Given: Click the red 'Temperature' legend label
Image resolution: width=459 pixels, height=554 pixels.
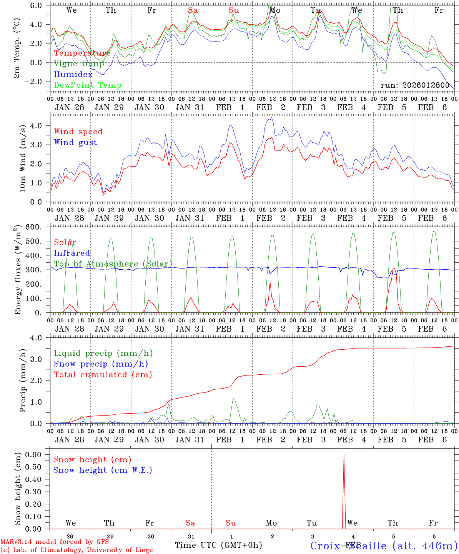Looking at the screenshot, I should (82, 53).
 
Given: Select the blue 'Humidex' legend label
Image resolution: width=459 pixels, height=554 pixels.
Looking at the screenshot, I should (73, 75).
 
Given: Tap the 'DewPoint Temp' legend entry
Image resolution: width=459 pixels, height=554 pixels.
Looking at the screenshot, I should (88, 85).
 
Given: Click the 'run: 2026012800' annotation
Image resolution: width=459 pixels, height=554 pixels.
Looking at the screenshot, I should (415, 85).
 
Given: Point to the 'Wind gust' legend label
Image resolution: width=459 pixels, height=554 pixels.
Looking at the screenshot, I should (76, 142).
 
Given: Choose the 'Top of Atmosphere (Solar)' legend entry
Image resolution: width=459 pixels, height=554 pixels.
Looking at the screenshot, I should (113, 264).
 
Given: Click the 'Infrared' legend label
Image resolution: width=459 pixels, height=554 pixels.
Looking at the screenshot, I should (72, 253).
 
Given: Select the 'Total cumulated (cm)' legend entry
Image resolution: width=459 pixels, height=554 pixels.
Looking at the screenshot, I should (103, 374).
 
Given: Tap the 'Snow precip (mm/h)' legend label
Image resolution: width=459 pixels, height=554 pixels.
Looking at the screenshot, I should (101, 364).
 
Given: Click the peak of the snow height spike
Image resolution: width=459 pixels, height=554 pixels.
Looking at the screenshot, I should (344, 455).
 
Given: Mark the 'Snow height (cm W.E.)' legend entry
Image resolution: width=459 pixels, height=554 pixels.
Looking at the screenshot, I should (103, 470).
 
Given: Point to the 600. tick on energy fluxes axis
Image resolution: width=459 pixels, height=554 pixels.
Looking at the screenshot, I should (38, 227).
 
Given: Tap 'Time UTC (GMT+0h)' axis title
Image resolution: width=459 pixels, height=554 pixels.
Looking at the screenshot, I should (218, 545).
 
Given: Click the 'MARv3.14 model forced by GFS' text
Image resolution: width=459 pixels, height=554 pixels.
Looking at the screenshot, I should (55, 542).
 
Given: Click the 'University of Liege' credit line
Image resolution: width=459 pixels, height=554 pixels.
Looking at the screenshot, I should (77, 550).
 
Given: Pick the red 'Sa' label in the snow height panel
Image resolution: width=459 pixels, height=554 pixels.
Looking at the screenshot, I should (190, 523).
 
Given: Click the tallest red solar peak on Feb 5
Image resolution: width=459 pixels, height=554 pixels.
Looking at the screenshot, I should (394, 269).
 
